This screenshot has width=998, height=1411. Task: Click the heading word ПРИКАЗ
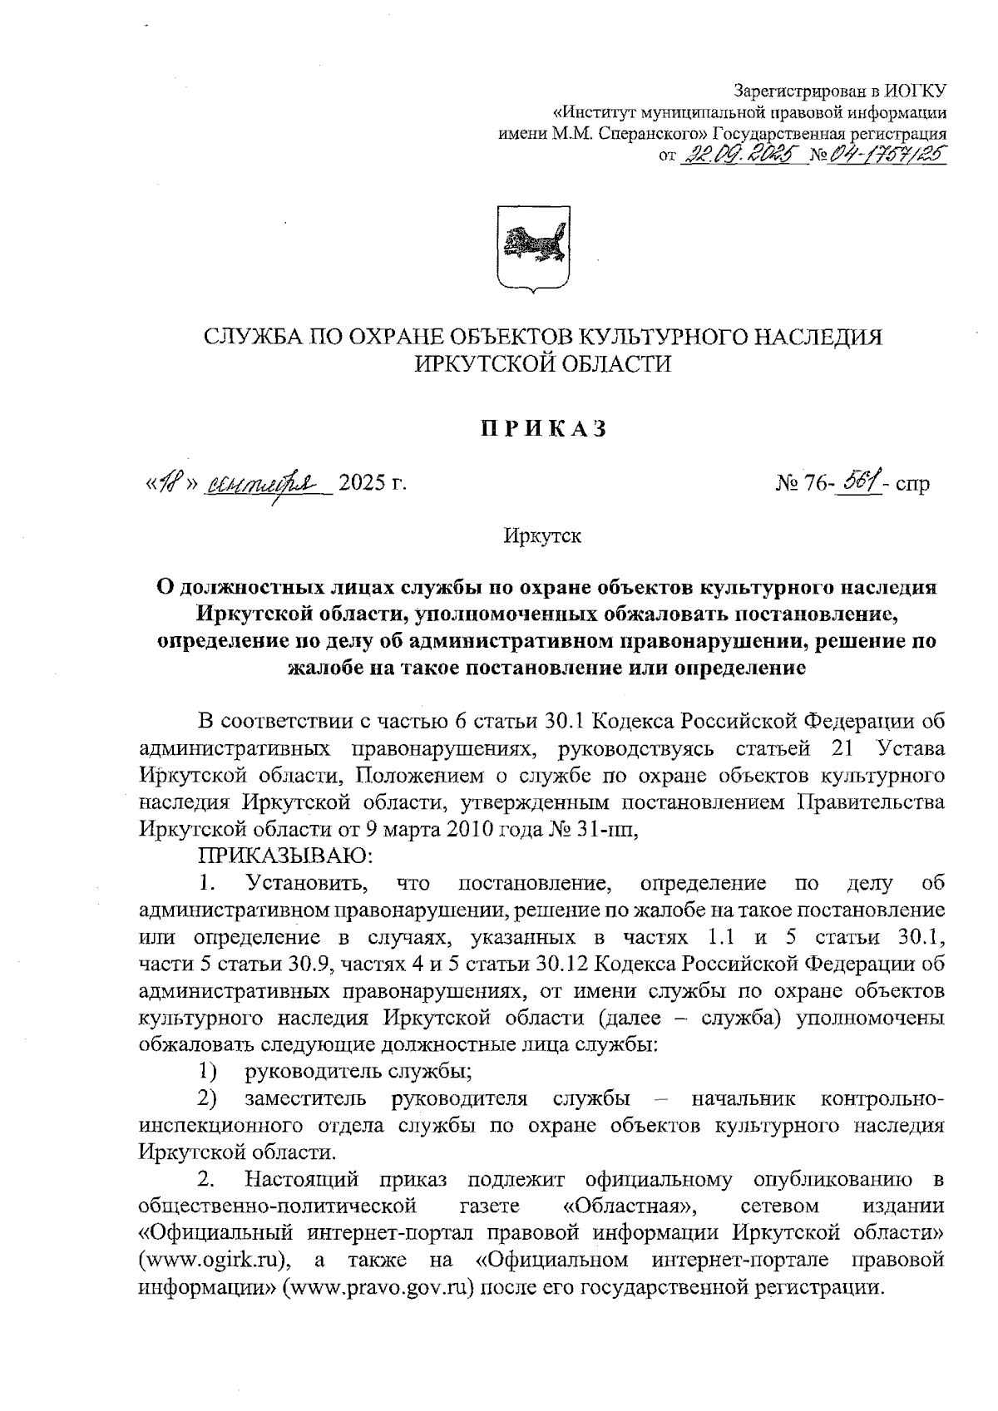541,429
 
